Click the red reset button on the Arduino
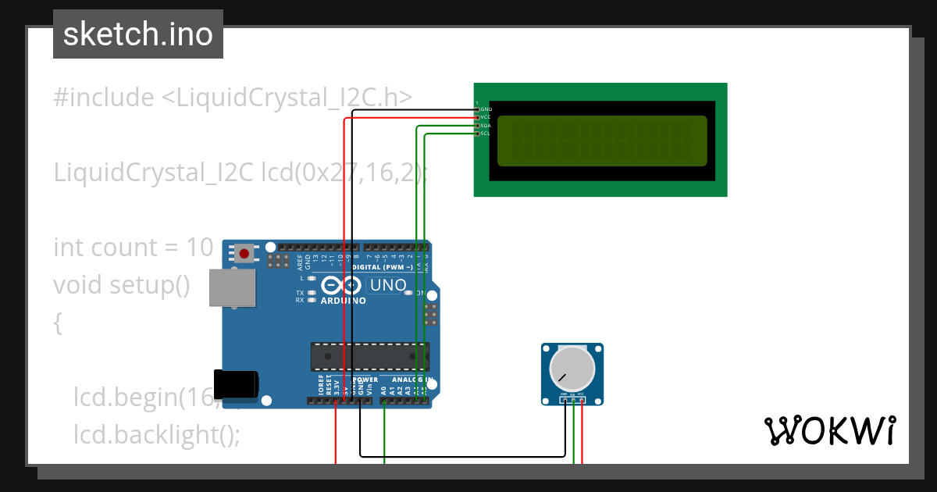coord(244,253)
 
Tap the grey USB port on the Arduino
coord(233,288)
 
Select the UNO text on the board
coord(388,285)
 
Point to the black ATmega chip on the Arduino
coord(369,355)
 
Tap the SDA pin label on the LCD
coord(486,125)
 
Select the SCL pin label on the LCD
coord(486,134)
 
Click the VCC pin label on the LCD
coord(486,117)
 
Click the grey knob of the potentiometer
coord(572,369)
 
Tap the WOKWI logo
coord(829,430)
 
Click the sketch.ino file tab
coord(138,34)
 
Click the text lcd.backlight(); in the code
coord(157,434)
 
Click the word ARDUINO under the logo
coord(343,301)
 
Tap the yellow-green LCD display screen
coord(601,141)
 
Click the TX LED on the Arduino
coord(312,293)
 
